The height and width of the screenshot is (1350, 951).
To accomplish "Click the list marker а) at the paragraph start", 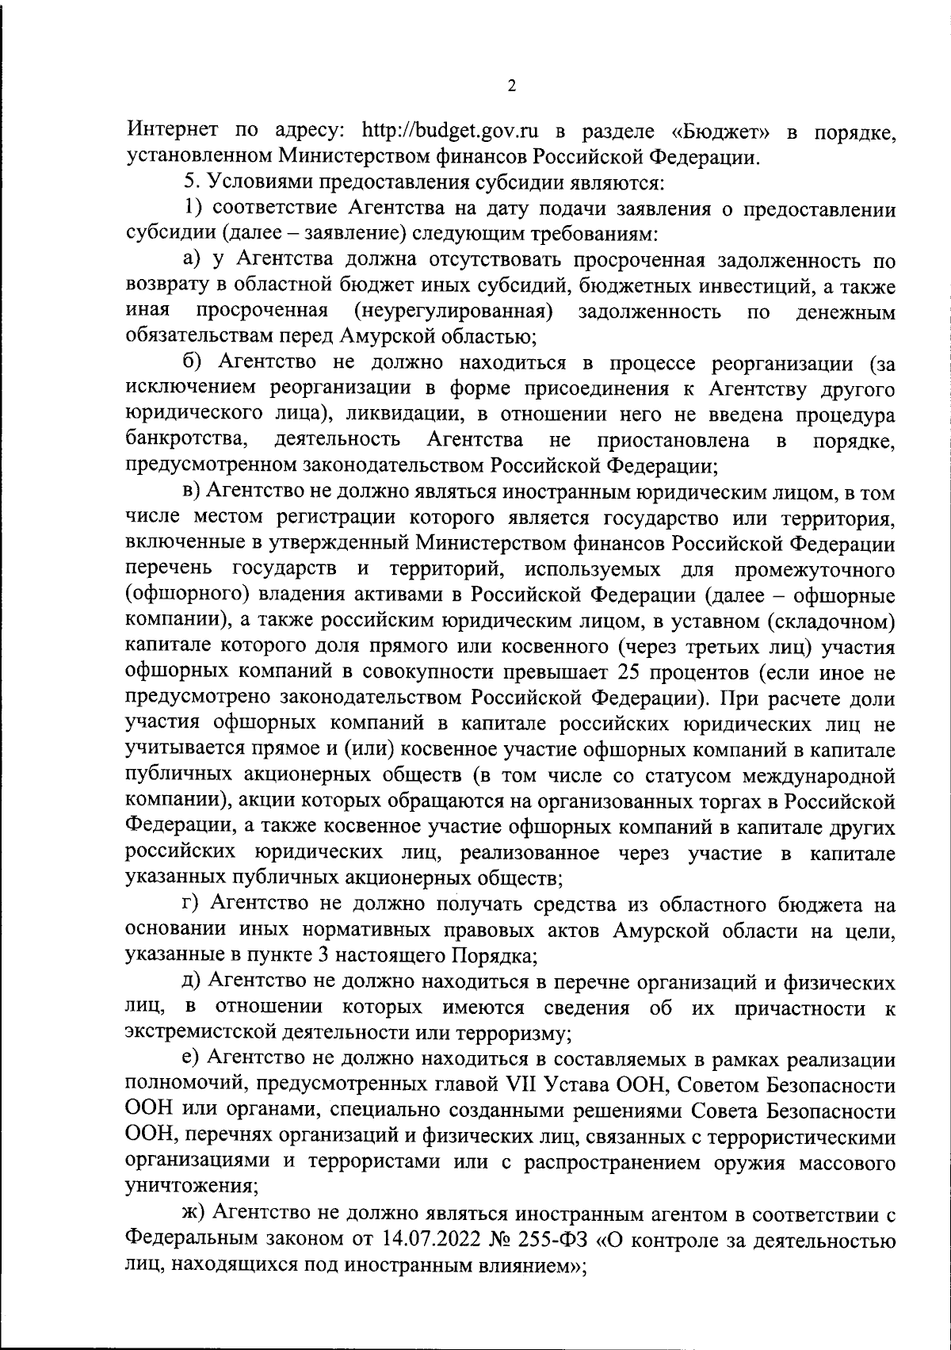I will coord(194,260).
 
